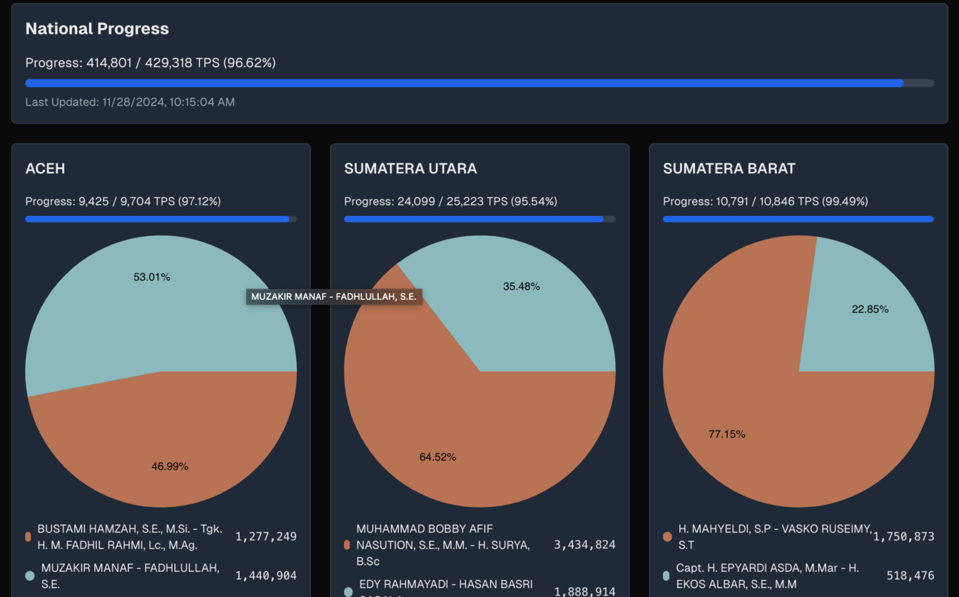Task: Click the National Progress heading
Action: point(97,29)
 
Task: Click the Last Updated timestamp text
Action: point(130,102)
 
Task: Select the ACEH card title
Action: point(45,169)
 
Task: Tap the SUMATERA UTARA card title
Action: point(410,169)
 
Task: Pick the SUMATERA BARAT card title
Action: point(729,169)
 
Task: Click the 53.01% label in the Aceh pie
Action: point(152,277)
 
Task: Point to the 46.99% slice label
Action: point(170,466)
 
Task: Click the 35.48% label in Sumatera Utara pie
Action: point(522,286)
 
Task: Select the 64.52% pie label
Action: point(437,457)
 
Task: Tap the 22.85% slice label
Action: point(870,309)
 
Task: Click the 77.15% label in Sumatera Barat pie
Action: point(727,434)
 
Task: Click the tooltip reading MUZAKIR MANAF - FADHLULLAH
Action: point(334,296)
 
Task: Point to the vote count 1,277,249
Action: point(265,536)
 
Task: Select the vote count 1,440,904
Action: point(265,576)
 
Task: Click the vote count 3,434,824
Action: point(584,545)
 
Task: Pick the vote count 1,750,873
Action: point(903,536)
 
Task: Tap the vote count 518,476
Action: point(910,576)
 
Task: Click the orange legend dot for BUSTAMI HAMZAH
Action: point(29,536)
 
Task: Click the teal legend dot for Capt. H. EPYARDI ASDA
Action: point(666,576)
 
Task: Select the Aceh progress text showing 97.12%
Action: point(123,201)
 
